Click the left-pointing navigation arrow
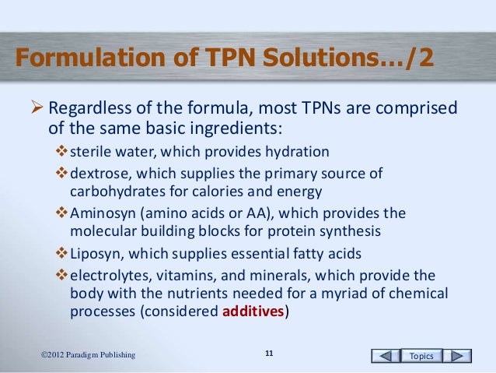click(382, 356)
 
